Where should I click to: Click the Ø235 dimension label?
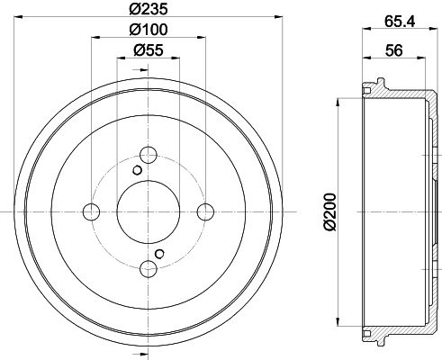149,9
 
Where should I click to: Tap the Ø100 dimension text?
149,30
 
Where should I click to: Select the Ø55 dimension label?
149,49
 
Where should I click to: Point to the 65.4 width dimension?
400,22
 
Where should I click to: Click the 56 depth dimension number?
393,50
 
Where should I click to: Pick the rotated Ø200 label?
329,211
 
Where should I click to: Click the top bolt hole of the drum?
149,155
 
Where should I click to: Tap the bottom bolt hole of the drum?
149,269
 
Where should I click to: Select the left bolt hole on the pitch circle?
91,211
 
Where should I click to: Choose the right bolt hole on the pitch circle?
205,211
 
